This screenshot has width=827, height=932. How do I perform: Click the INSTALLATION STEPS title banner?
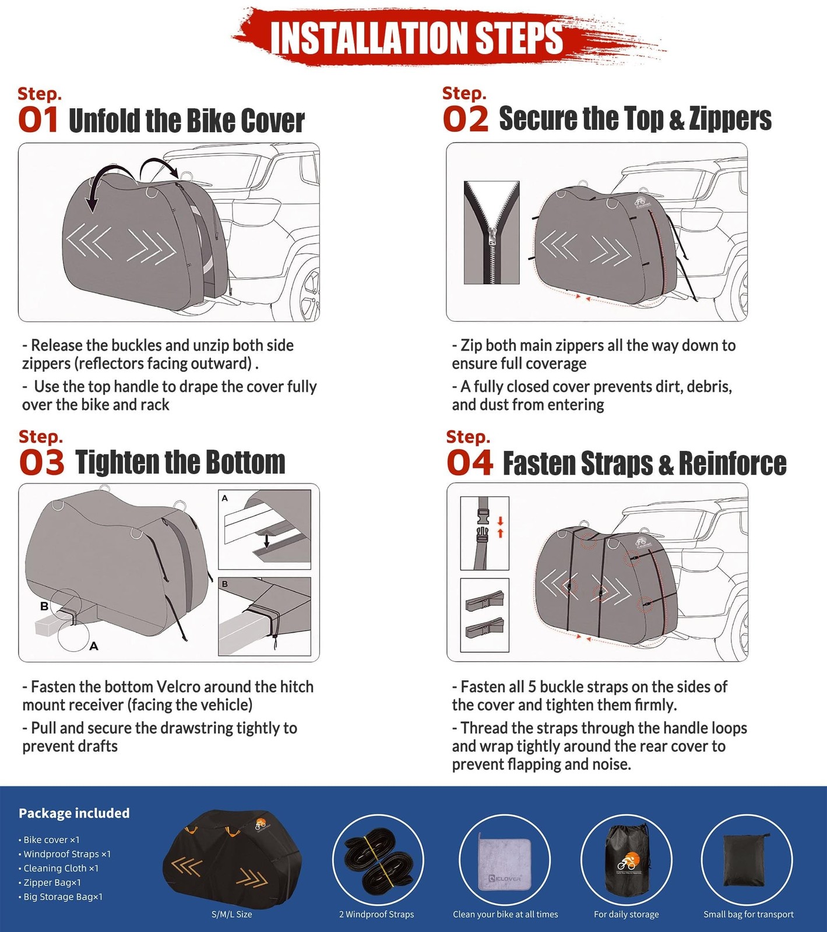pos(417,38)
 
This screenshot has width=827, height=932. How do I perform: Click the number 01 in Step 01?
pos(38,120)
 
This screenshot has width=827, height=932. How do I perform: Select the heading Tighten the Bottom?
pos(180,463)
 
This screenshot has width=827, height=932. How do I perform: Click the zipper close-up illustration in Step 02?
pos(491,232)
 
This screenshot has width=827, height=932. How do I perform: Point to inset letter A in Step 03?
pos(225,498)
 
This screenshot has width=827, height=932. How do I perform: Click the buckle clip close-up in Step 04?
pos(484,532)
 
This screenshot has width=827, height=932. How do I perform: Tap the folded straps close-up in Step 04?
pos(484,615)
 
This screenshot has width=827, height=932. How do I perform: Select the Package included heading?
pos(74,813)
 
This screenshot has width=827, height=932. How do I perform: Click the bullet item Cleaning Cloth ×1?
pos(61,868)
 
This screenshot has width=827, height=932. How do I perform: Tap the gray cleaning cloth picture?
pos(505,860)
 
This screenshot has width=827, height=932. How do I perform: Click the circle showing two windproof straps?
pos(378,860)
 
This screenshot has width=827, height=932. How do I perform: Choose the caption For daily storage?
pos(626,914)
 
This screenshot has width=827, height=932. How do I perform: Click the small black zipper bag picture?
pos(747,860)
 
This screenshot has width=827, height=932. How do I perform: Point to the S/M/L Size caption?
pos(232,914)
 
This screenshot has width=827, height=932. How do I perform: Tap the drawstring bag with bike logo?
pos(627,859)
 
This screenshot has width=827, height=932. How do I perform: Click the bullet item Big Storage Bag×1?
pos(63,896)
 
